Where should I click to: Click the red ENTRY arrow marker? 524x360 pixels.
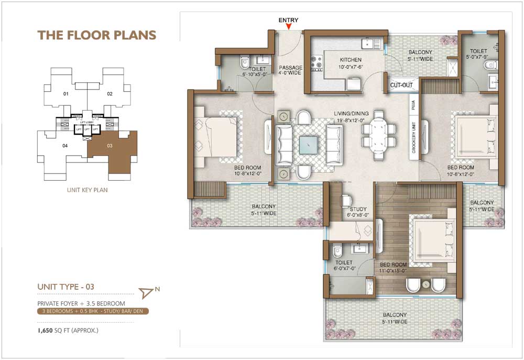tap(288, 27)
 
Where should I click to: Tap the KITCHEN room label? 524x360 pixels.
tap(351, 60)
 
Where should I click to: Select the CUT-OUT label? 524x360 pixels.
tap(401, 85)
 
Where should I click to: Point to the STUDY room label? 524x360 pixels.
tap(358, 209)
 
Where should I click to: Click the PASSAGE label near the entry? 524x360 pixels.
tap(290, 68)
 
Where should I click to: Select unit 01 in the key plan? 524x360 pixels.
tap(65, 94)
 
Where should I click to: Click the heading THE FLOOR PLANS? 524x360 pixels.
tap(97, 35)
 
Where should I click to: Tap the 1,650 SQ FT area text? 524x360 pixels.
tap(68, 331)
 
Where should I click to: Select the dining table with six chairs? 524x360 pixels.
tap(378, 137)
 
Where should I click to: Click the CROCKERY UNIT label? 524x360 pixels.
tap(413, 140)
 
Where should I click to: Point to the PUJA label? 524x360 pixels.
tap(413, 105)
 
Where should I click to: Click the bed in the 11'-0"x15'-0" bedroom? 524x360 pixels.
tap(433, 239)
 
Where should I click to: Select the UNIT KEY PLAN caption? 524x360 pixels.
tap(87, 190)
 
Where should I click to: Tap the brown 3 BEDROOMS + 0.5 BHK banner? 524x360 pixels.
tap(93, 311)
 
